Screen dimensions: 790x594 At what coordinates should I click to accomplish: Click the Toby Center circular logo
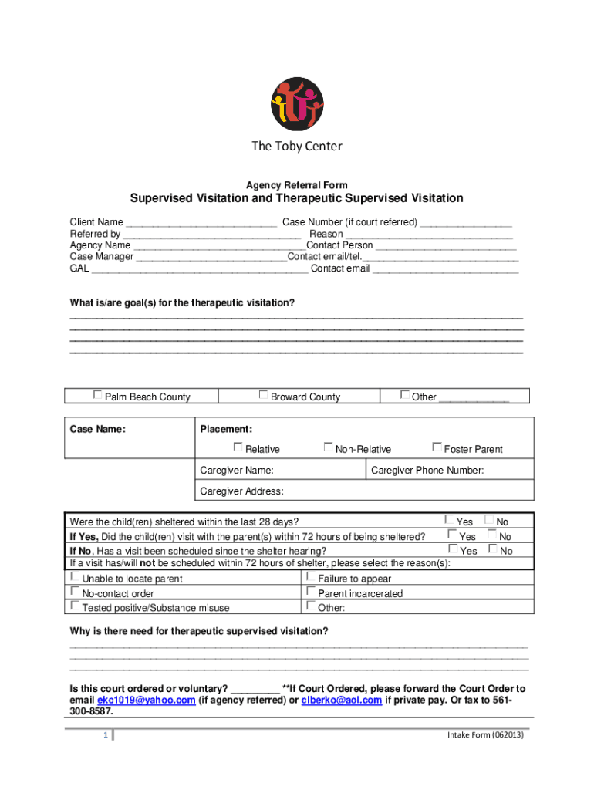(297, 104)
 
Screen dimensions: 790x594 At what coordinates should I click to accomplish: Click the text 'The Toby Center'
(297, 147)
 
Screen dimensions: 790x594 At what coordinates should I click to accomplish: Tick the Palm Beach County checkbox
(97, 394)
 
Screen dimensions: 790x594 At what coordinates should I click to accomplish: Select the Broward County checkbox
(264, 394)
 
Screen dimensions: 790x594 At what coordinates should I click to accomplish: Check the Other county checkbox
(405, 394)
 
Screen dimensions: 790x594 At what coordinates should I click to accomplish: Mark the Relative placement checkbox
(238, 447)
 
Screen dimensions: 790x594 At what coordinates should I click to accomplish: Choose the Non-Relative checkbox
(329, 447)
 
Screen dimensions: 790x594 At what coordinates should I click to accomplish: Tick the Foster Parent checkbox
(437, 447)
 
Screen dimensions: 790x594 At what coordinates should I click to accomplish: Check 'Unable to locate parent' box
(75, 576)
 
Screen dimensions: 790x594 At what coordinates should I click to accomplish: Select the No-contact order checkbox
(75, 591)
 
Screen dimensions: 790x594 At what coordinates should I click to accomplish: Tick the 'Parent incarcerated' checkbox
(311, 591)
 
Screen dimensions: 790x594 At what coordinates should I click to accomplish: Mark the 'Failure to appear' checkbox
(311, 576)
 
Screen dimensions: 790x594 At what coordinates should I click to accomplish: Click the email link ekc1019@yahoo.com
(146, 701)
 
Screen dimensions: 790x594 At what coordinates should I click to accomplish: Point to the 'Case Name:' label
(98, 429)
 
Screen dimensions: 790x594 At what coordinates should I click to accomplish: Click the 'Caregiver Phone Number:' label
(427, 470)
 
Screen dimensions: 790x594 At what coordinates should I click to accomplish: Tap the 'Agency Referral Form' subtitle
(297, 185)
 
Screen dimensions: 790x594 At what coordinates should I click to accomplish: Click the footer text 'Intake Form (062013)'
(485, 735)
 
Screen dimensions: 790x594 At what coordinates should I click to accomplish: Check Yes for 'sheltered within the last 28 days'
(451, 520)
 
